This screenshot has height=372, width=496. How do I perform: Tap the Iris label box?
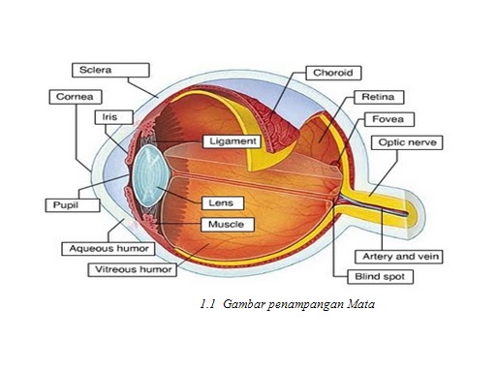[x=109, y=117]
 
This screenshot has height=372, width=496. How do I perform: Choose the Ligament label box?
[x=232, y=141]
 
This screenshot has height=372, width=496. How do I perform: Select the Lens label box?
[x=220, y=204]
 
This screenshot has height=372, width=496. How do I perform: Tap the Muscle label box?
[x=227, y=225]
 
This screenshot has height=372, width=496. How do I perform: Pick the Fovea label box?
[x=387, y=120]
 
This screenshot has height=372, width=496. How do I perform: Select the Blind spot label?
[x=357, y=276]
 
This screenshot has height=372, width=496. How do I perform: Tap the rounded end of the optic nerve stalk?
[x=416, y=206]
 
